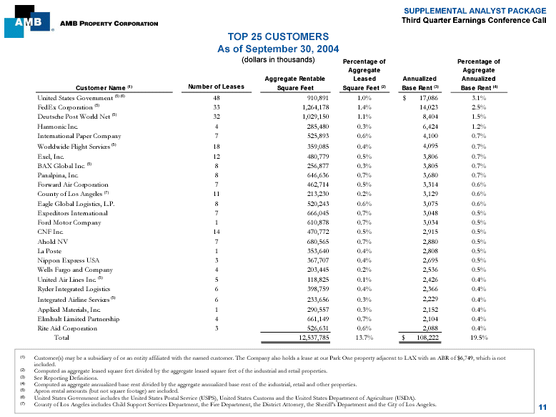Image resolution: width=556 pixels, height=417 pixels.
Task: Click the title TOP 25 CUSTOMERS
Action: point(278,36)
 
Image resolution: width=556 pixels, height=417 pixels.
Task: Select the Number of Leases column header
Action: point(215,88)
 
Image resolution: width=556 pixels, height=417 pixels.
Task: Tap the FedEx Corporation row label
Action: point(66,106)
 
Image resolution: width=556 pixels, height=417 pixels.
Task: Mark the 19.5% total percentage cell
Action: point(479,337)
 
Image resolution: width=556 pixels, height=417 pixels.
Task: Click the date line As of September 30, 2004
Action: point(278,49)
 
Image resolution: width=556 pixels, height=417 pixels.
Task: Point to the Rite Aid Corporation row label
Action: point(67,328)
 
